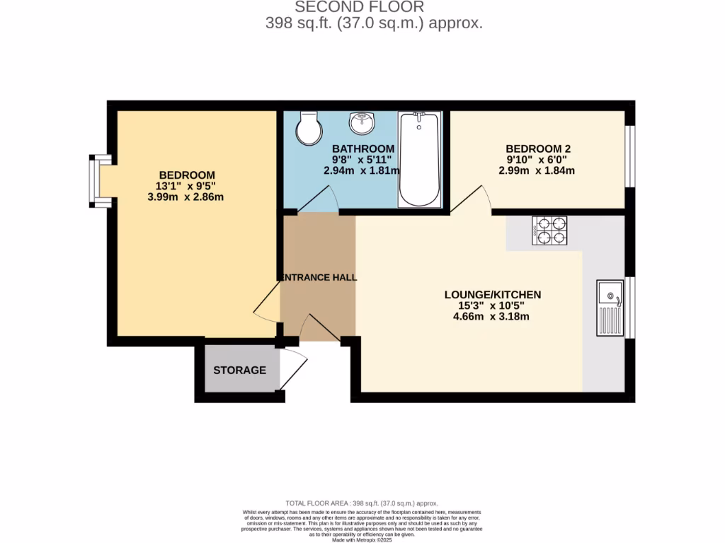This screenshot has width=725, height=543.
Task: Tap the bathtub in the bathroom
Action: click(x=419, y=158)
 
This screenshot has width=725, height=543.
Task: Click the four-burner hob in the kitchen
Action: click(x=549, y=230)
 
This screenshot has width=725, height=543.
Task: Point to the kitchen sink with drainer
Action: click(x=610, y=308)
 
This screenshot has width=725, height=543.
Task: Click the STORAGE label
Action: click(x=240, y=370)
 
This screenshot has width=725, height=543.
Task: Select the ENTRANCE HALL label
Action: click(x=318, y=278)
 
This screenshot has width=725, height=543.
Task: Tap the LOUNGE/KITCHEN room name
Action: click(x=493, y=294)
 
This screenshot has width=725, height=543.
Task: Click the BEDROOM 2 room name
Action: click(x=538, y=148)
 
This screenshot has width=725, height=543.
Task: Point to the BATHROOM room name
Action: click(x=363, y=148)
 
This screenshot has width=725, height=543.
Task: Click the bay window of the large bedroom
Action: click(x=98, y=182)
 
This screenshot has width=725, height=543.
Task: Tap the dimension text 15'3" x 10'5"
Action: click(x=493, y=305)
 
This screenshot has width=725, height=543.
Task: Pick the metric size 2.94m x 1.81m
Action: click(x=362, y=170)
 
